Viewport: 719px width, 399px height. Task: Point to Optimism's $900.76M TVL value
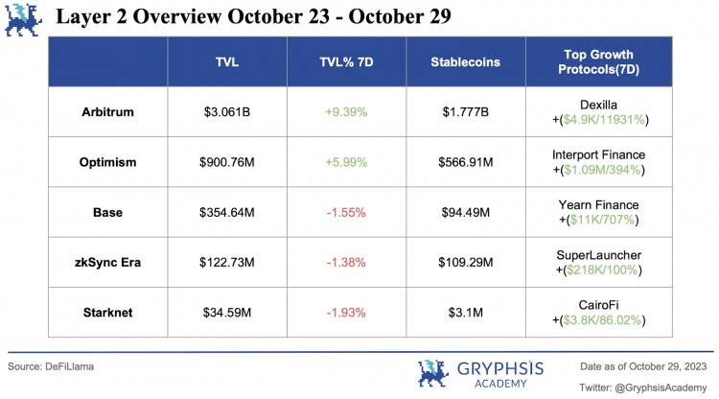point(227,162)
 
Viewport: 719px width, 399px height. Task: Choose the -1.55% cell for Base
point(346,211)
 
